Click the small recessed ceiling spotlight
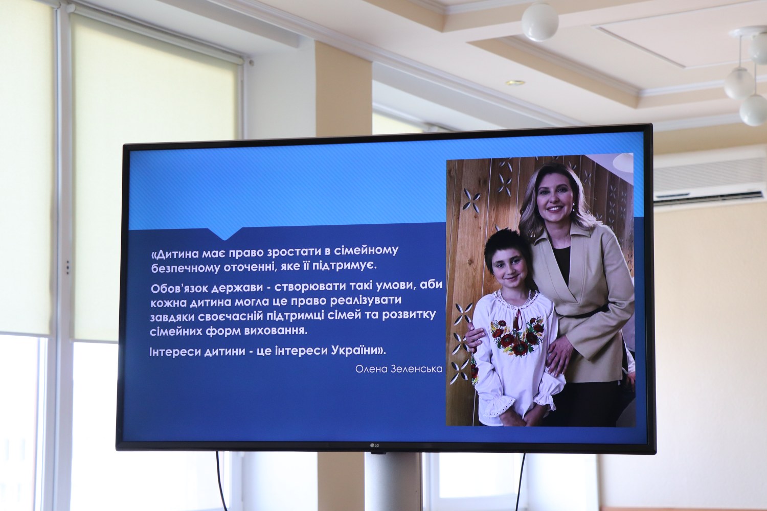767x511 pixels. (x=515, y=83)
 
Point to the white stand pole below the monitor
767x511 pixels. (x=393, y=482)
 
